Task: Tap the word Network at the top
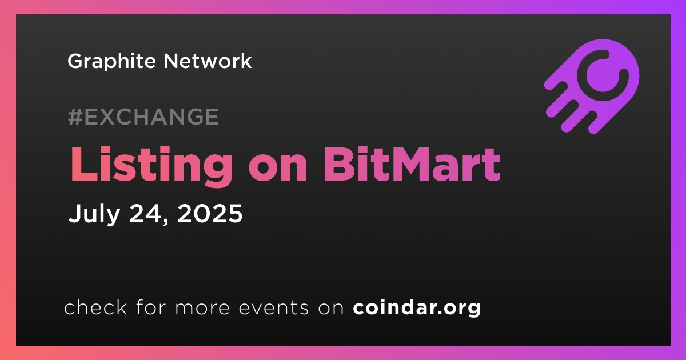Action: click(x=208, y=61)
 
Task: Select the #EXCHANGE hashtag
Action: click(x=143, y=117)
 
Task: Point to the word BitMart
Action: click(x=411, y=165)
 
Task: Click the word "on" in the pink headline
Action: click(x=278, y=169)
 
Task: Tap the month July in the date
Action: click(x=94, y=214)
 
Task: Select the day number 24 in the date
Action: click(x=145, y=213)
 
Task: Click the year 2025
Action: click(x=210, y=213)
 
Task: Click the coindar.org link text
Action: click(x=417, y=307)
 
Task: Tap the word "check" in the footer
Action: click(x=95, y=307)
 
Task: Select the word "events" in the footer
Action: click(x=273, y=307)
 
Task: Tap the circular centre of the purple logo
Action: click(x=603, y=75)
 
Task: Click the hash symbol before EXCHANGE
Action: click(x=75, y=117)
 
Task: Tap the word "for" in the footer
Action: click(x=151, y=307)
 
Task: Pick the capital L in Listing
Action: click(x=83, y=165)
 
